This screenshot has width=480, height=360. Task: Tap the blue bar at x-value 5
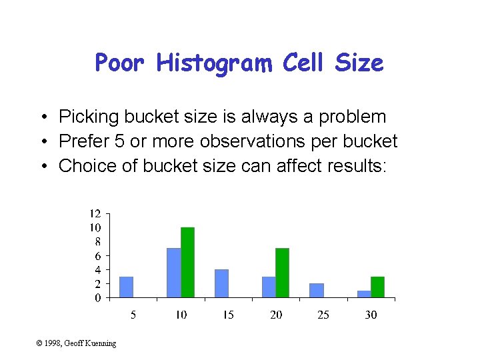tap(126, 287)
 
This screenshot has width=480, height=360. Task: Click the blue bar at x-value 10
tap(173, 273)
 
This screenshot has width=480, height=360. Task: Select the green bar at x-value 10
tap(187, 262)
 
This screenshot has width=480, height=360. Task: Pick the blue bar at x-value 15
tap(221, 283)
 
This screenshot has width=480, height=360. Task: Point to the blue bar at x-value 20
tap(269, 287)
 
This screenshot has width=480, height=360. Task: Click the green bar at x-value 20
tap(282, 273)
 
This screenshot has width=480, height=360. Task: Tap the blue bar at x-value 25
tap(317, 290)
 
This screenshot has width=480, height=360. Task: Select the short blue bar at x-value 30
tap(364, 293)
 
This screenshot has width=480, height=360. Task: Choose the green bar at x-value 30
tap(377, 287)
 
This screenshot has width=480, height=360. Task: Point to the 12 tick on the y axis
tap(95, 214)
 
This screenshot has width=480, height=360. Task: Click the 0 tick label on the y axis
tap(97, 298)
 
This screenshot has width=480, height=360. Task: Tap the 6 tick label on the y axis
tap(97, 256)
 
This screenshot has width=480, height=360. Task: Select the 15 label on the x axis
tap(228, 314)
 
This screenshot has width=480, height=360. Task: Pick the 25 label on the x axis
tap(323, 314)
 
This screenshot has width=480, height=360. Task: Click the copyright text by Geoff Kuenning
tap(76, 343)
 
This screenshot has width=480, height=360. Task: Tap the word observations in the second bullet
tap(258, 141)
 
